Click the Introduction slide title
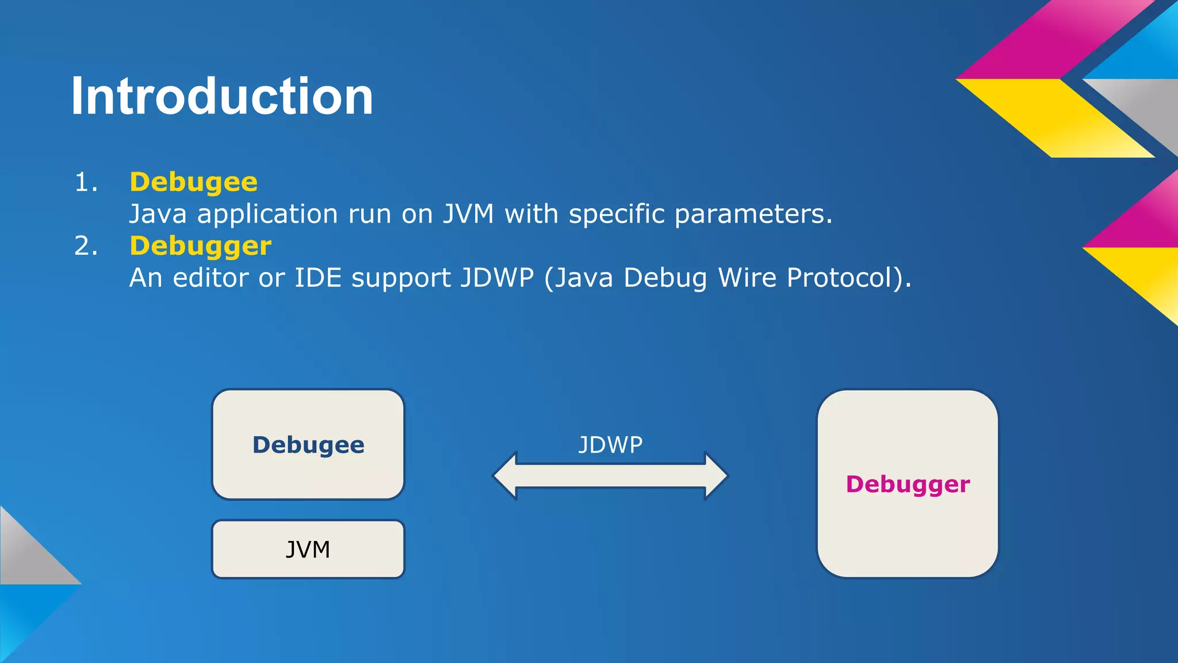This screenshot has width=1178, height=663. (x=222, y=96)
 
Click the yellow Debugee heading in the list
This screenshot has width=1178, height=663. (x=193, y=182)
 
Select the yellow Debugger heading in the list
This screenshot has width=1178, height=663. (x=200, y=246)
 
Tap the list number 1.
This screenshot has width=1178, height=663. (x=86, y=183)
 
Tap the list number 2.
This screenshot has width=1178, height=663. (x=86, y=246)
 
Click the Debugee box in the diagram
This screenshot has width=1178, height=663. (x=308, y=444)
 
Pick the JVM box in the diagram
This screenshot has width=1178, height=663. (x=308, y=550)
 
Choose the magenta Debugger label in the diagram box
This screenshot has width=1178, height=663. (x=908, y=485)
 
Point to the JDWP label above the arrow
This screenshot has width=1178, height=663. (x=610, y=445)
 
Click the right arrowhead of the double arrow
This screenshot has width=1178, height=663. (x=716, y=476)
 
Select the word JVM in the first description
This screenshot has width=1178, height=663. (x=468, y=214)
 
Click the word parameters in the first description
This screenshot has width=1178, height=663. (x=753, y=214)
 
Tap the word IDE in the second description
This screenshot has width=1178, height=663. (x=318, y=278)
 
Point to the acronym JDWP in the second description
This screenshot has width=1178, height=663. (x=497, y=278)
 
